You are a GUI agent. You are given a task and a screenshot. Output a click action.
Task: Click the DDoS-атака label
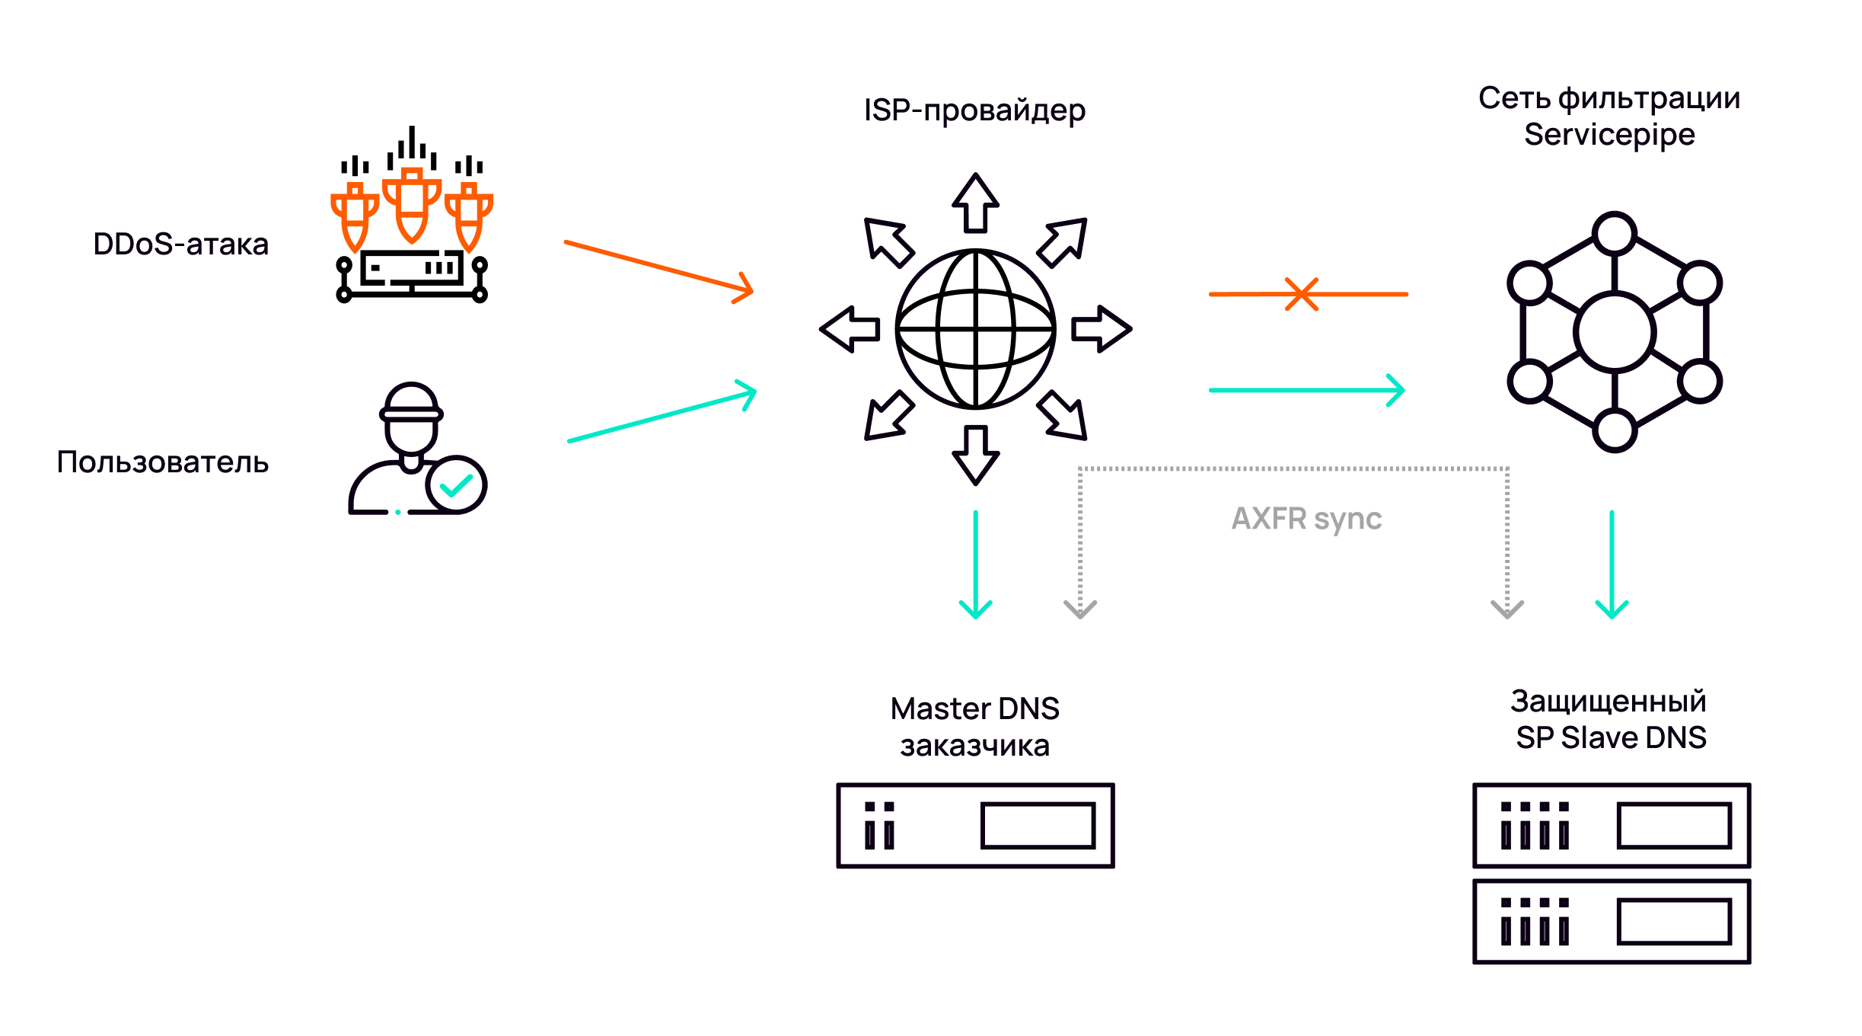pos(180,245)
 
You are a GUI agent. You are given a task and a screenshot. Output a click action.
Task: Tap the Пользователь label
pos(162,462)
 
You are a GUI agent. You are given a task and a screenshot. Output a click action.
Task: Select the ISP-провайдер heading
pos(974,111)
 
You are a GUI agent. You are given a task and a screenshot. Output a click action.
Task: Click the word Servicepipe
pos(1609,135)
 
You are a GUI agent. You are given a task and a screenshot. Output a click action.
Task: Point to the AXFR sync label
pos(1306,519)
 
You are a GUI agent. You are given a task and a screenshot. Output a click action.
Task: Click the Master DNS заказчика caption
pos(974,727)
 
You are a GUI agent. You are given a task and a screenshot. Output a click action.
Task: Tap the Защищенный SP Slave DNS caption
pos(1610,719)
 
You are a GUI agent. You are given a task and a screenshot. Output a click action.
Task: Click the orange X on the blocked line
pos(1302,294)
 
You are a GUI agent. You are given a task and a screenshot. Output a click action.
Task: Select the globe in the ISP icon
pos(975,329)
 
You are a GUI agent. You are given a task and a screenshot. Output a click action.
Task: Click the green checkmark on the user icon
pos(457,484)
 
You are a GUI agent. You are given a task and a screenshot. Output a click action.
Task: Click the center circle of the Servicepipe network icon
pos(1614,332)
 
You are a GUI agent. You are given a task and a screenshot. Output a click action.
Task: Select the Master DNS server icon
pos(975,826)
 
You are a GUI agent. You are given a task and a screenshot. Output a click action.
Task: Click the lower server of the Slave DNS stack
pos(1612,922)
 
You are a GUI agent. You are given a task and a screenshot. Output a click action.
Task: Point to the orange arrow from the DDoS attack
pos(658,267)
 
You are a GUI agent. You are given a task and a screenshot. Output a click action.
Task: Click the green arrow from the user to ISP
pos(662,416)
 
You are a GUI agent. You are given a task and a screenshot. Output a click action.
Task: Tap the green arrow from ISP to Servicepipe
pos(1306,390)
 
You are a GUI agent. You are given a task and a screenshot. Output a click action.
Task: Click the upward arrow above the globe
pos(975,203)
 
